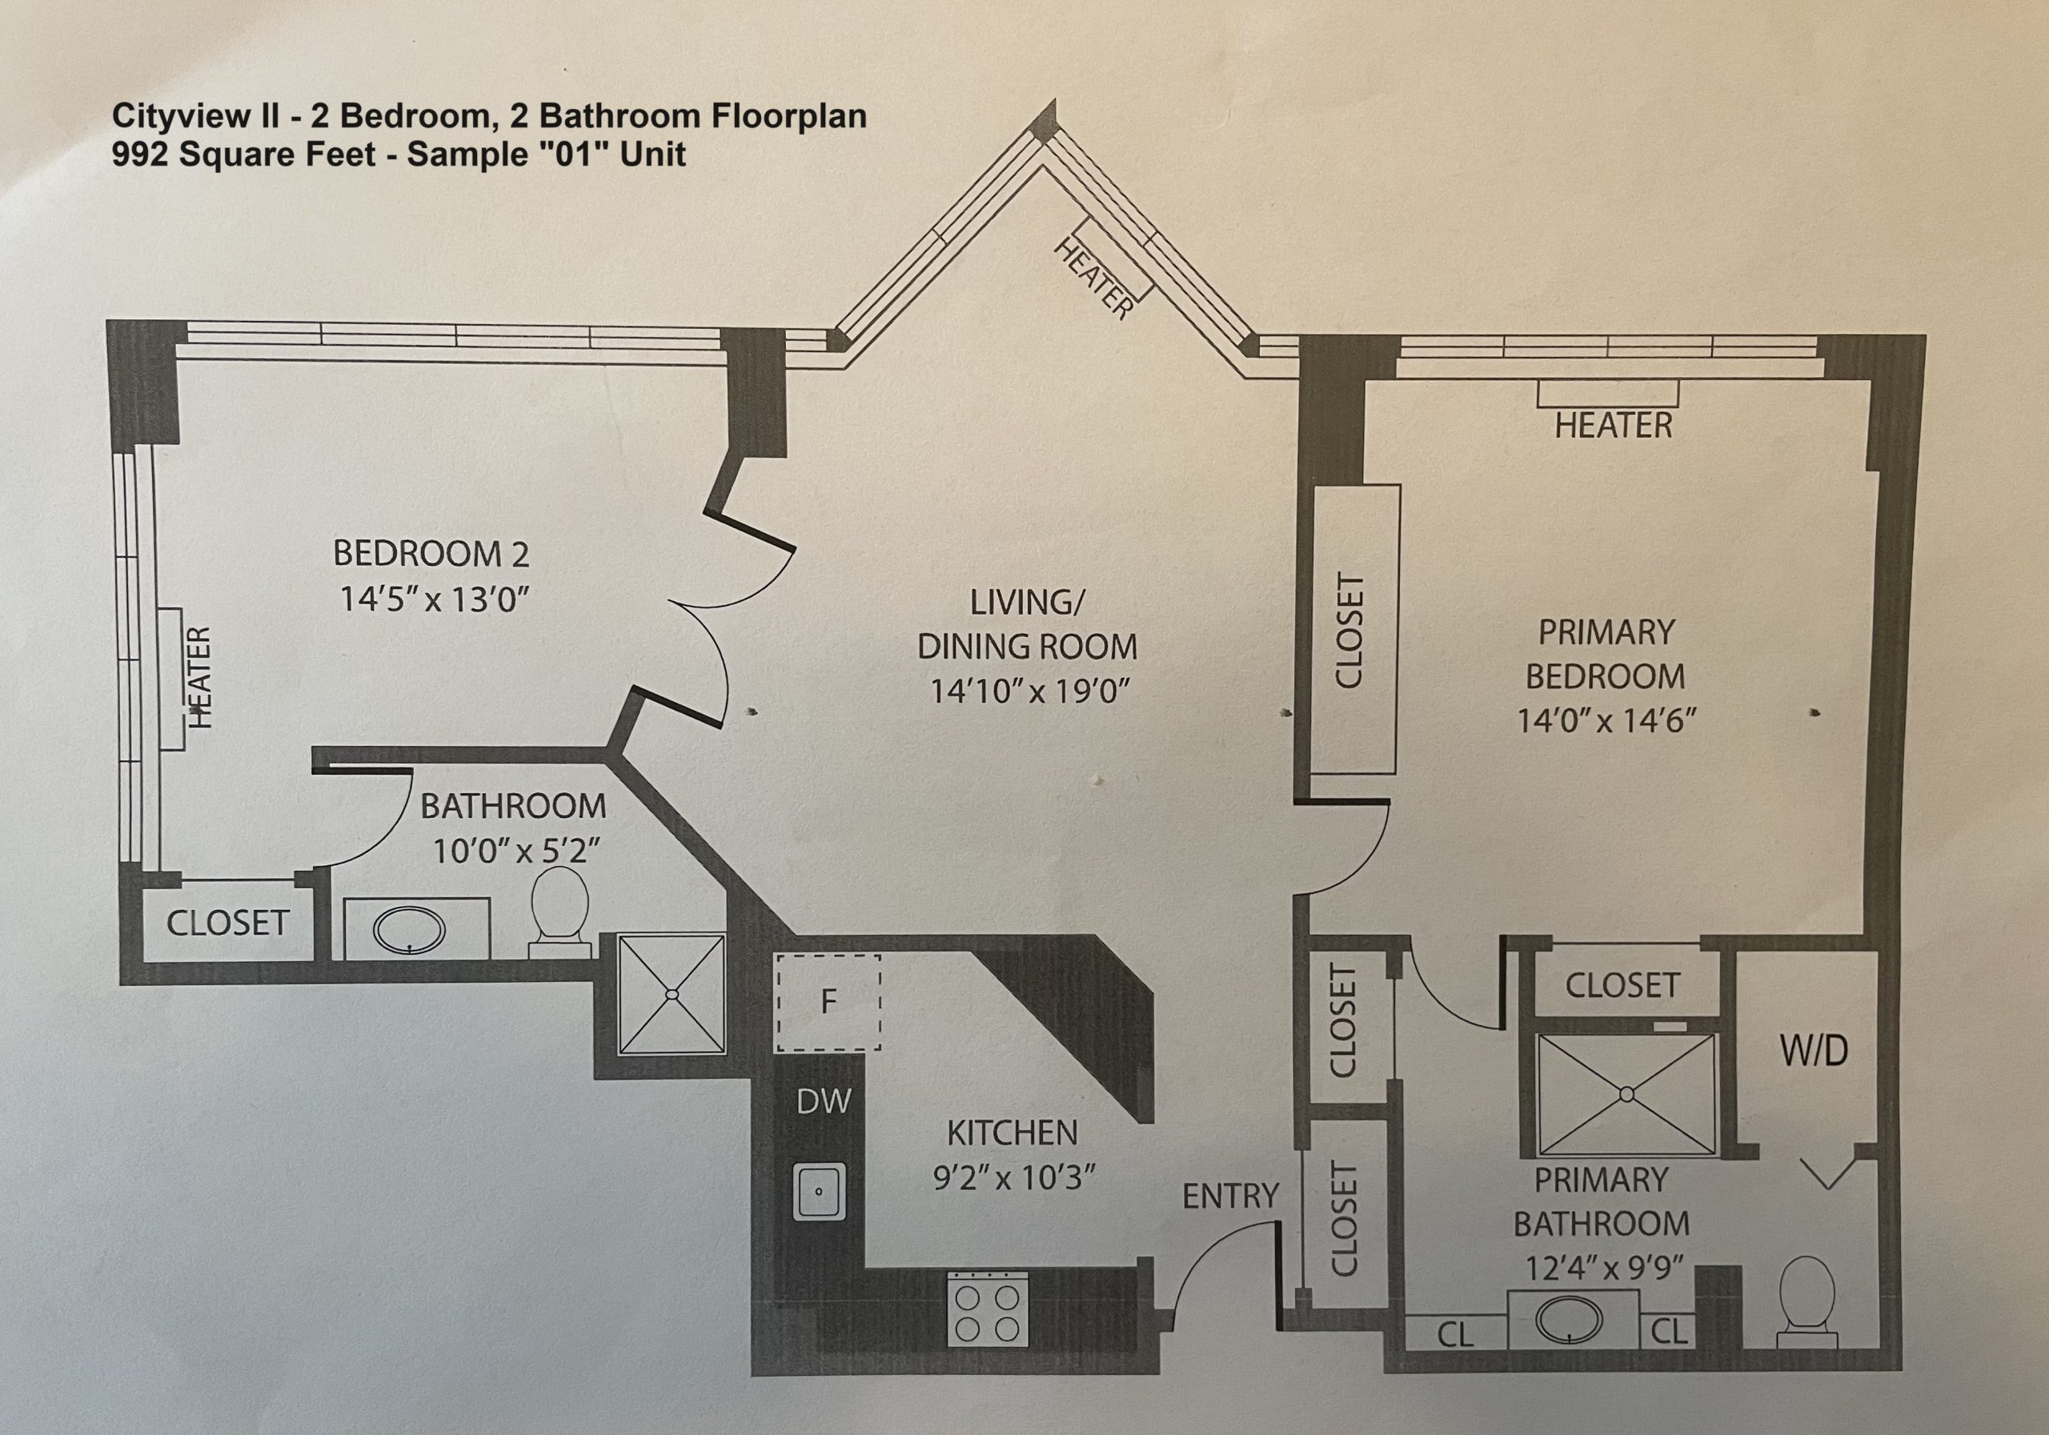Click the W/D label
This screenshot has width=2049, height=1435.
1814,1052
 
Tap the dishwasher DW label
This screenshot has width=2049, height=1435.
824,1102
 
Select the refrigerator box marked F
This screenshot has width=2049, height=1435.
828,1003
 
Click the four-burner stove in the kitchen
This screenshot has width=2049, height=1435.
987,1309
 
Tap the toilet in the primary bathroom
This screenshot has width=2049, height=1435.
1807,1302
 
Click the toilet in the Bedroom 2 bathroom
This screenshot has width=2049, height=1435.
559,912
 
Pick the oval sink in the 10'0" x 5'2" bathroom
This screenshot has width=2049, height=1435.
409,931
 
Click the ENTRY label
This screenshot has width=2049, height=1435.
1231,1197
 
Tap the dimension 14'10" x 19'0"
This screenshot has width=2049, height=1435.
1030,691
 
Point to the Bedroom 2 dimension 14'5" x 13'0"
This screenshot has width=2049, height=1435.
435,599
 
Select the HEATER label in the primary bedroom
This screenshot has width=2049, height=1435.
1614,426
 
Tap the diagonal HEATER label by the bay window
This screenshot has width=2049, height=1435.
1094,279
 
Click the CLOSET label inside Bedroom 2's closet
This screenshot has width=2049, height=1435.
227,923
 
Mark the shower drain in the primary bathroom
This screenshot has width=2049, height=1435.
1626,1093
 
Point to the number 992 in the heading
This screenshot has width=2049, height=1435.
139,154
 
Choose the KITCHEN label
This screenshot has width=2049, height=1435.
1012,1133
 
